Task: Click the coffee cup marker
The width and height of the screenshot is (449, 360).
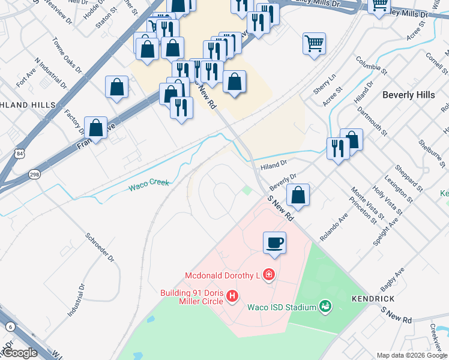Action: coord(274,243)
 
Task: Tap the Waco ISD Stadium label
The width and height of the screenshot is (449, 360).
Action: coord(282,308)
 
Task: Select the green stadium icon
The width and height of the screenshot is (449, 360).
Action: coord(325,307)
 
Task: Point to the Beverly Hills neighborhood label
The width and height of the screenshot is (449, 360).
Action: coord(408,95)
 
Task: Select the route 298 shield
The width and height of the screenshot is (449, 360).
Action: coord(34,174)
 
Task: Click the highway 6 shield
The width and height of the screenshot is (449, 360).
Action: coord(11,326)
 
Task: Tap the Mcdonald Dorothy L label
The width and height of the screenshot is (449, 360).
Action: coord(221,275)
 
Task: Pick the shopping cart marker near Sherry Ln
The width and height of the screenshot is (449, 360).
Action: coord(314,44)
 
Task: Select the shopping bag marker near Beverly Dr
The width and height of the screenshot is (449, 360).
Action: coord(298,195)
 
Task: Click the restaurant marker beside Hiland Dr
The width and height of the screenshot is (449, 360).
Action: coord(337,148)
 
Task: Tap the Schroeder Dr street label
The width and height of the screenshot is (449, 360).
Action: coord(99,247)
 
